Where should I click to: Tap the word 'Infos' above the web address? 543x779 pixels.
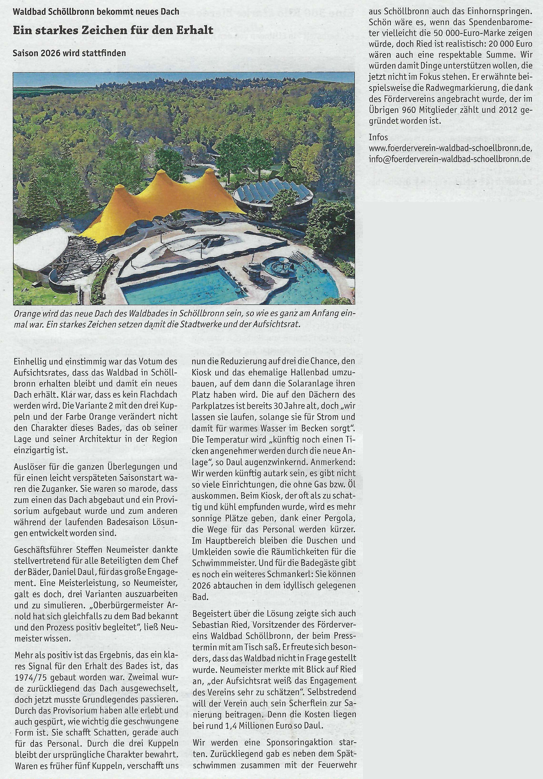point(378,137)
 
